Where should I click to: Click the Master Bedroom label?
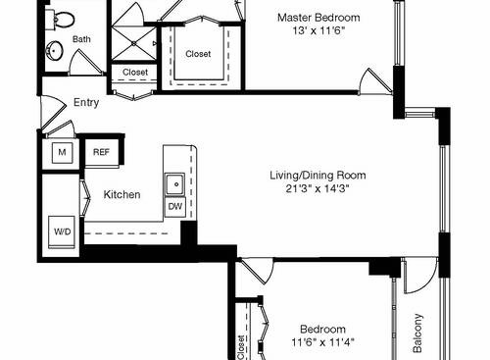pos(318,18)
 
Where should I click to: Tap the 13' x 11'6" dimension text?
pos(318,32)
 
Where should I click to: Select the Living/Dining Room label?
pos(318,176)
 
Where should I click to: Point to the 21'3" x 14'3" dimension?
pos(318,190)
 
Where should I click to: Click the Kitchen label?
pos(122,195)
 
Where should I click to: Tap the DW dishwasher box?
pos(174,207)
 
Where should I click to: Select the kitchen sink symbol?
pos(174,182)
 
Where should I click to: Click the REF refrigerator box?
pos(101,151)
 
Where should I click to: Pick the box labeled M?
pos(61,153)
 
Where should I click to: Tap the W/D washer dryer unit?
pos(62,232)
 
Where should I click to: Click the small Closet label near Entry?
pos(135,73)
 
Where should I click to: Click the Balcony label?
pos(418,334)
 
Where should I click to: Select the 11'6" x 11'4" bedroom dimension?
pos(321,343)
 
